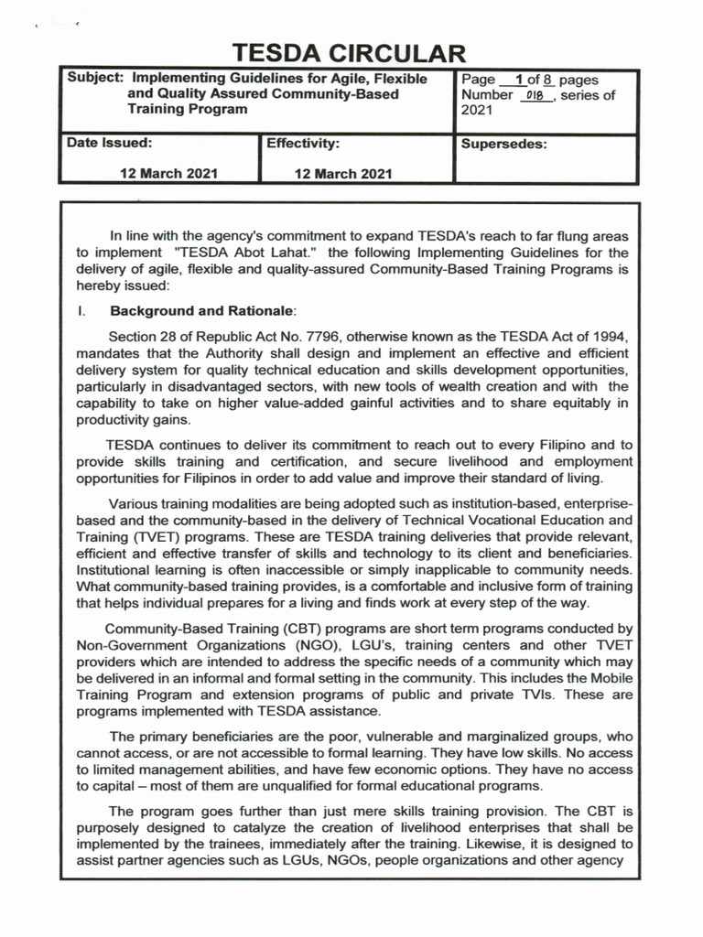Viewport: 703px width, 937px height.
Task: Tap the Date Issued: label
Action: [x=103, y=144]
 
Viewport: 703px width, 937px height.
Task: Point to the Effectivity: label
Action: [x=303, y=144]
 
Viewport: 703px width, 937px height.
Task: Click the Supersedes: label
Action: [x=504, y=144]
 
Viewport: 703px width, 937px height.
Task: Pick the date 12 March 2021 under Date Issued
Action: [x=169, y=173]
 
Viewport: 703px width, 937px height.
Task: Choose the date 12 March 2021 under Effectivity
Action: [x=343, y=173]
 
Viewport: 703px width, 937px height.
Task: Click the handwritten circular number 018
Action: [x=535, y=96]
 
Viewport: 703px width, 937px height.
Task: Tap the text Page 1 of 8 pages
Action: [x=530, y=81]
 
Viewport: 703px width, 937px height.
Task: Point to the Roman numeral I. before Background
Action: [x=81, y=311]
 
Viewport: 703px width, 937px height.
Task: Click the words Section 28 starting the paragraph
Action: [x=140, y=336]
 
